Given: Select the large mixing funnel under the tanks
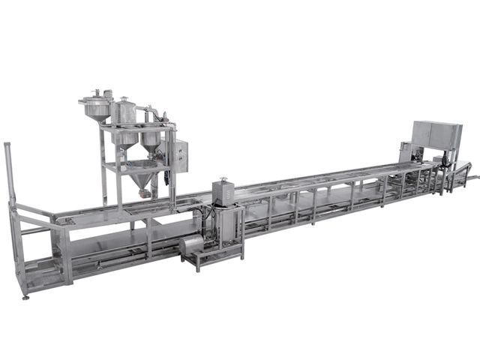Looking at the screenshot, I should (x=136, y=179).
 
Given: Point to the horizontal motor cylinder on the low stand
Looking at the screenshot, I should (x=192, y=247).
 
